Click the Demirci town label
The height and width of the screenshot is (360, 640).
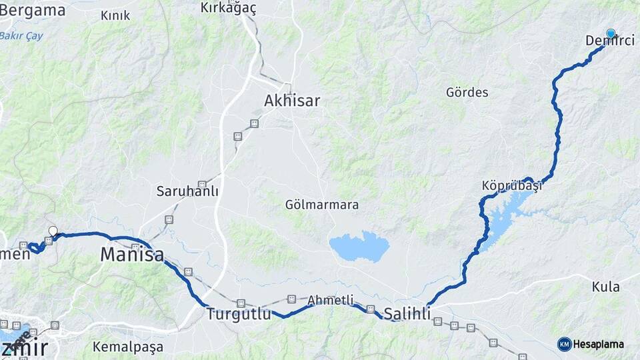click(609, 41)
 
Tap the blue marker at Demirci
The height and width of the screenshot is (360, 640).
click(611, 33)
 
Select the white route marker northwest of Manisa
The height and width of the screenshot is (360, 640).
click(53, 231)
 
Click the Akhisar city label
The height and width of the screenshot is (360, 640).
click(292, 101)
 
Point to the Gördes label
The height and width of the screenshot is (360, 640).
click(467, 93)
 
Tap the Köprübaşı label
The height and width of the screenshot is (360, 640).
click(511, 186)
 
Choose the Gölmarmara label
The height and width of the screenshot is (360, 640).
click(322, 204)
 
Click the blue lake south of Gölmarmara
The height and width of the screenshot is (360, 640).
click(359, 246)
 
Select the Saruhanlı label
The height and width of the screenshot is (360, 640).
click(187, 191)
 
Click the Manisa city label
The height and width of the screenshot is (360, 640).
click(132, 254)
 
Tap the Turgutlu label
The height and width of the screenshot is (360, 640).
click(239, 313)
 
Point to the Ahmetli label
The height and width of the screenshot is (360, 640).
click(331, 301)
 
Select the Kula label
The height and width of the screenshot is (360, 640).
click(605, 287)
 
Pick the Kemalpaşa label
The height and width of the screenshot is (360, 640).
click(128, 347)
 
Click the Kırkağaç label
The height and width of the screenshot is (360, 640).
click(228, 8)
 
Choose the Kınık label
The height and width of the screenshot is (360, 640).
click(115, 15)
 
